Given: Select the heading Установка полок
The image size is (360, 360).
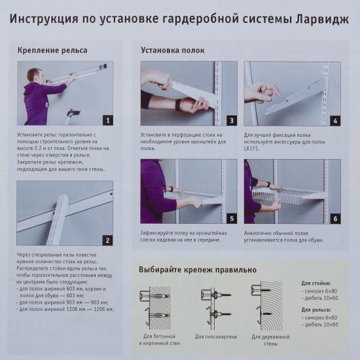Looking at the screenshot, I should point(172,50).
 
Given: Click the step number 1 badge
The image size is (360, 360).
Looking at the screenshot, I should point(107,119).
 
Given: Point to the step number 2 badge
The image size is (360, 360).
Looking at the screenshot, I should point(107,240).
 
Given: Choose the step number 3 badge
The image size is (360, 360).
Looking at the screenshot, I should point(230,120).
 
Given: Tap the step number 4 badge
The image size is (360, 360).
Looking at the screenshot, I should point(334,120).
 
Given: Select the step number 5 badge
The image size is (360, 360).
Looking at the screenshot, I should point(230,218).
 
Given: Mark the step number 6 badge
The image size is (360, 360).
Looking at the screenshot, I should point(334,218).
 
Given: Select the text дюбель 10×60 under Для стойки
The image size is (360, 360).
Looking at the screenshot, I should point(322,298).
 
